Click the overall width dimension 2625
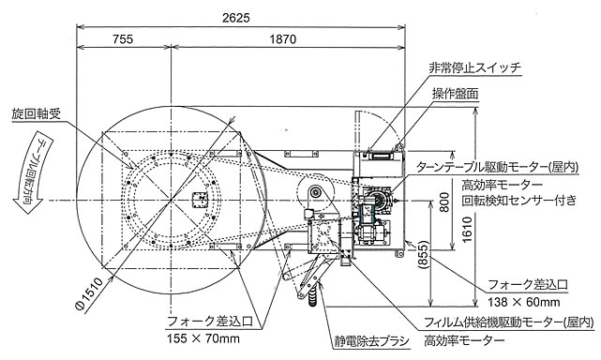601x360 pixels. tap(235, 18)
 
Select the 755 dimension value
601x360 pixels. tap(123, 39)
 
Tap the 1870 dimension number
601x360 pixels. tap(283, 39)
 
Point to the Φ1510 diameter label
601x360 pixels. tap(90, 294)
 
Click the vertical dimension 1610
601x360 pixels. tap(467, 230)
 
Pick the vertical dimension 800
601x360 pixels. tap(444, 202)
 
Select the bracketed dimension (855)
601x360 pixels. tap(422, 255)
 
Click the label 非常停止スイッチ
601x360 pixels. tap(475, 68)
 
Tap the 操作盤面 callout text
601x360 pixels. tap(456, 94)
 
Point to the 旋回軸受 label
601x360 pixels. tap(36, 113)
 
